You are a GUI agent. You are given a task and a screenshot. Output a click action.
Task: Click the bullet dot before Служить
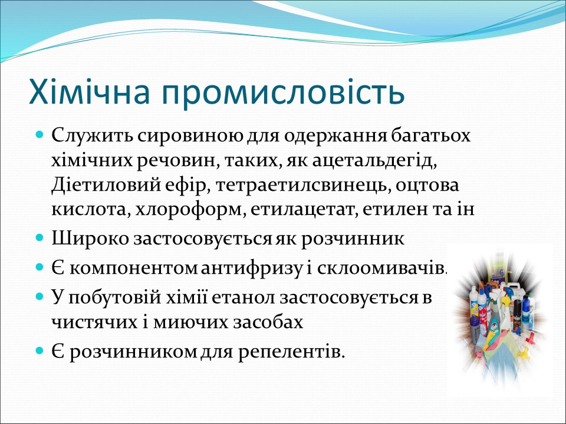click(40, 135)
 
